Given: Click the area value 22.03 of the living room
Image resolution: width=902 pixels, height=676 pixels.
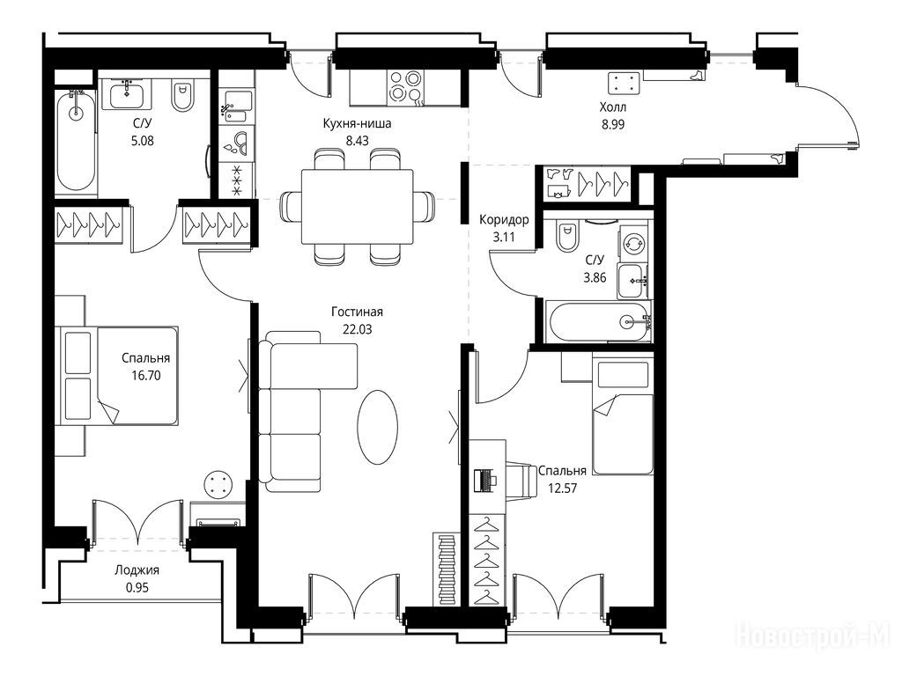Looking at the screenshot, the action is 358,329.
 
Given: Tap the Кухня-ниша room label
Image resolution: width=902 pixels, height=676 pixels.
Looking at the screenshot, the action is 358,123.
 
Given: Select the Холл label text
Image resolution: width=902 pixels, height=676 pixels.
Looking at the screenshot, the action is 613,107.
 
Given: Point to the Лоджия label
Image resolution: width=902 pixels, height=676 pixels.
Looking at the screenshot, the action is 137,570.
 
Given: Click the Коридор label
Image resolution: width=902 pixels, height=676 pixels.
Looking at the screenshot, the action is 504,219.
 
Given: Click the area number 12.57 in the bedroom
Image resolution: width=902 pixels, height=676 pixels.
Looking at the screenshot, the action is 562,489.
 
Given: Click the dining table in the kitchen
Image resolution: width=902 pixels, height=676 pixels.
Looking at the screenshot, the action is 358,207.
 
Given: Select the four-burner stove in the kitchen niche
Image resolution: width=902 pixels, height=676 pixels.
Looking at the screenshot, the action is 405,87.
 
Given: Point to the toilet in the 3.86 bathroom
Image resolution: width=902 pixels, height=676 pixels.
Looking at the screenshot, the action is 566,237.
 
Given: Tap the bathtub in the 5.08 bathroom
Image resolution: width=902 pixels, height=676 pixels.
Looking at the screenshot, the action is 76,141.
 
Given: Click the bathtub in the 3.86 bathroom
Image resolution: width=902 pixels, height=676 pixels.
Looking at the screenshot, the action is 599,322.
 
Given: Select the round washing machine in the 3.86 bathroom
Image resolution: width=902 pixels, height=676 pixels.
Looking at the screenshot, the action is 634,243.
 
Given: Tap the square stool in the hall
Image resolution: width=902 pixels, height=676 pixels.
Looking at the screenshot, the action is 625,84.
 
